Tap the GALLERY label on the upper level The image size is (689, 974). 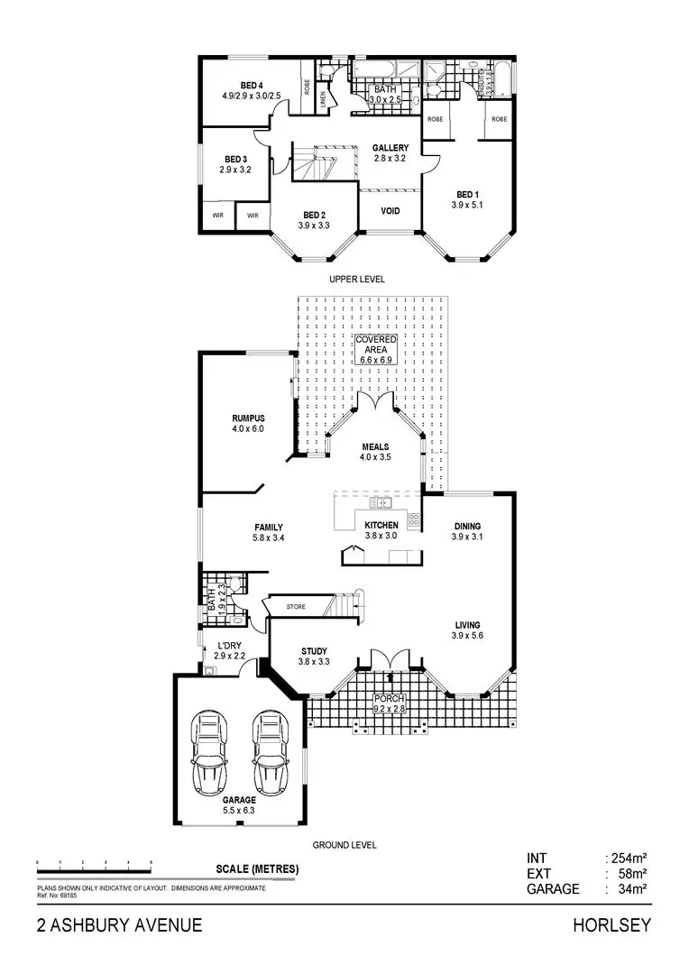point(390,148)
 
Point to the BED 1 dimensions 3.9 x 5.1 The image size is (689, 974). point(466,206)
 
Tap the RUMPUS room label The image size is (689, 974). point(247,418)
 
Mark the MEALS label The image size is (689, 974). point(375,446)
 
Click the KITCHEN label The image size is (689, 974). point(381,525)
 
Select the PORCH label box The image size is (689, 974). point(390,704)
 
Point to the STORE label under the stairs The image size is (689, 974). point(296,607)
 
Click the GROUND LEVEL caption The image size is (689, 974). point(344,846)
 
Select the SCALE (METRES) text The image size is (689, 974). point(257,869)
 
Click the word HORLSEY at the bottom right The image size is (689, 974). point(611,925)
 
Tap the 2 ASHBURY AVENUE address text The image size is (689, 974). point(119,925)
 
